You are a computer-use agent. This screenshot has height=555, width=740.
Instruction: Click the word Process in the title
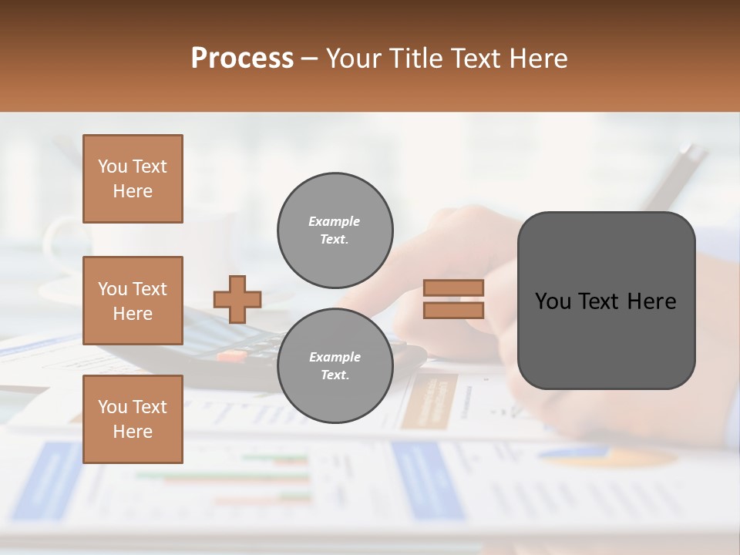point(242,59)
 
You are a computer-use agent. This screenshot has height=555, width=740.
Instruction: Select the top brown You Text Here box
point(133,179)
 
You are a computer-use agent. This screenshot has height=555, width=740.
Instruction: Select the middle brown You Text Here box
point(133,301)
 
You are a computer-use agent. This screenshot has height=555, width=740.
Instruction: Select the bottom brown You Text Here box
point(133,419)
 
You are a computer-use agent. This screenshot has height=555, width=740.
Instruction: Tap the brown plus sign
point(237,299)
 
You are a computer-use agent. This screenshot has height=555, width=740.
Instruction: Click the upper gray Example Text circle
point(335,230)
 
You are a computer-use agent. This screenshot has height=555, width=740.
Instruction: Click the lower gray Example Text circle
point(335,366)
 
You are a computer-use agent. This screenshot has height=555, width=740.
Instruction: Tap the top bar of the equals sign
point(454,288)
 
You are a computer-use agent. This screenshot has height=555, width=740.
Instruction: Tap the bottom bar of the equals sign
point(454,310)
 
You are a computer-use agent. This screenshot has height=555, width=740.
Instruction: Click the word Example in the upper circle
point(335,222)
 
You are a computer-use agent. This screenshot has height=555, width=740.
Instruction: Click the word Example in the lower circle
point(335,358)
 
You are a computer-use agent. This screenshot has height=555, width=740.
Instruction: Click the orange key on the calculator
point(231,356)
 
